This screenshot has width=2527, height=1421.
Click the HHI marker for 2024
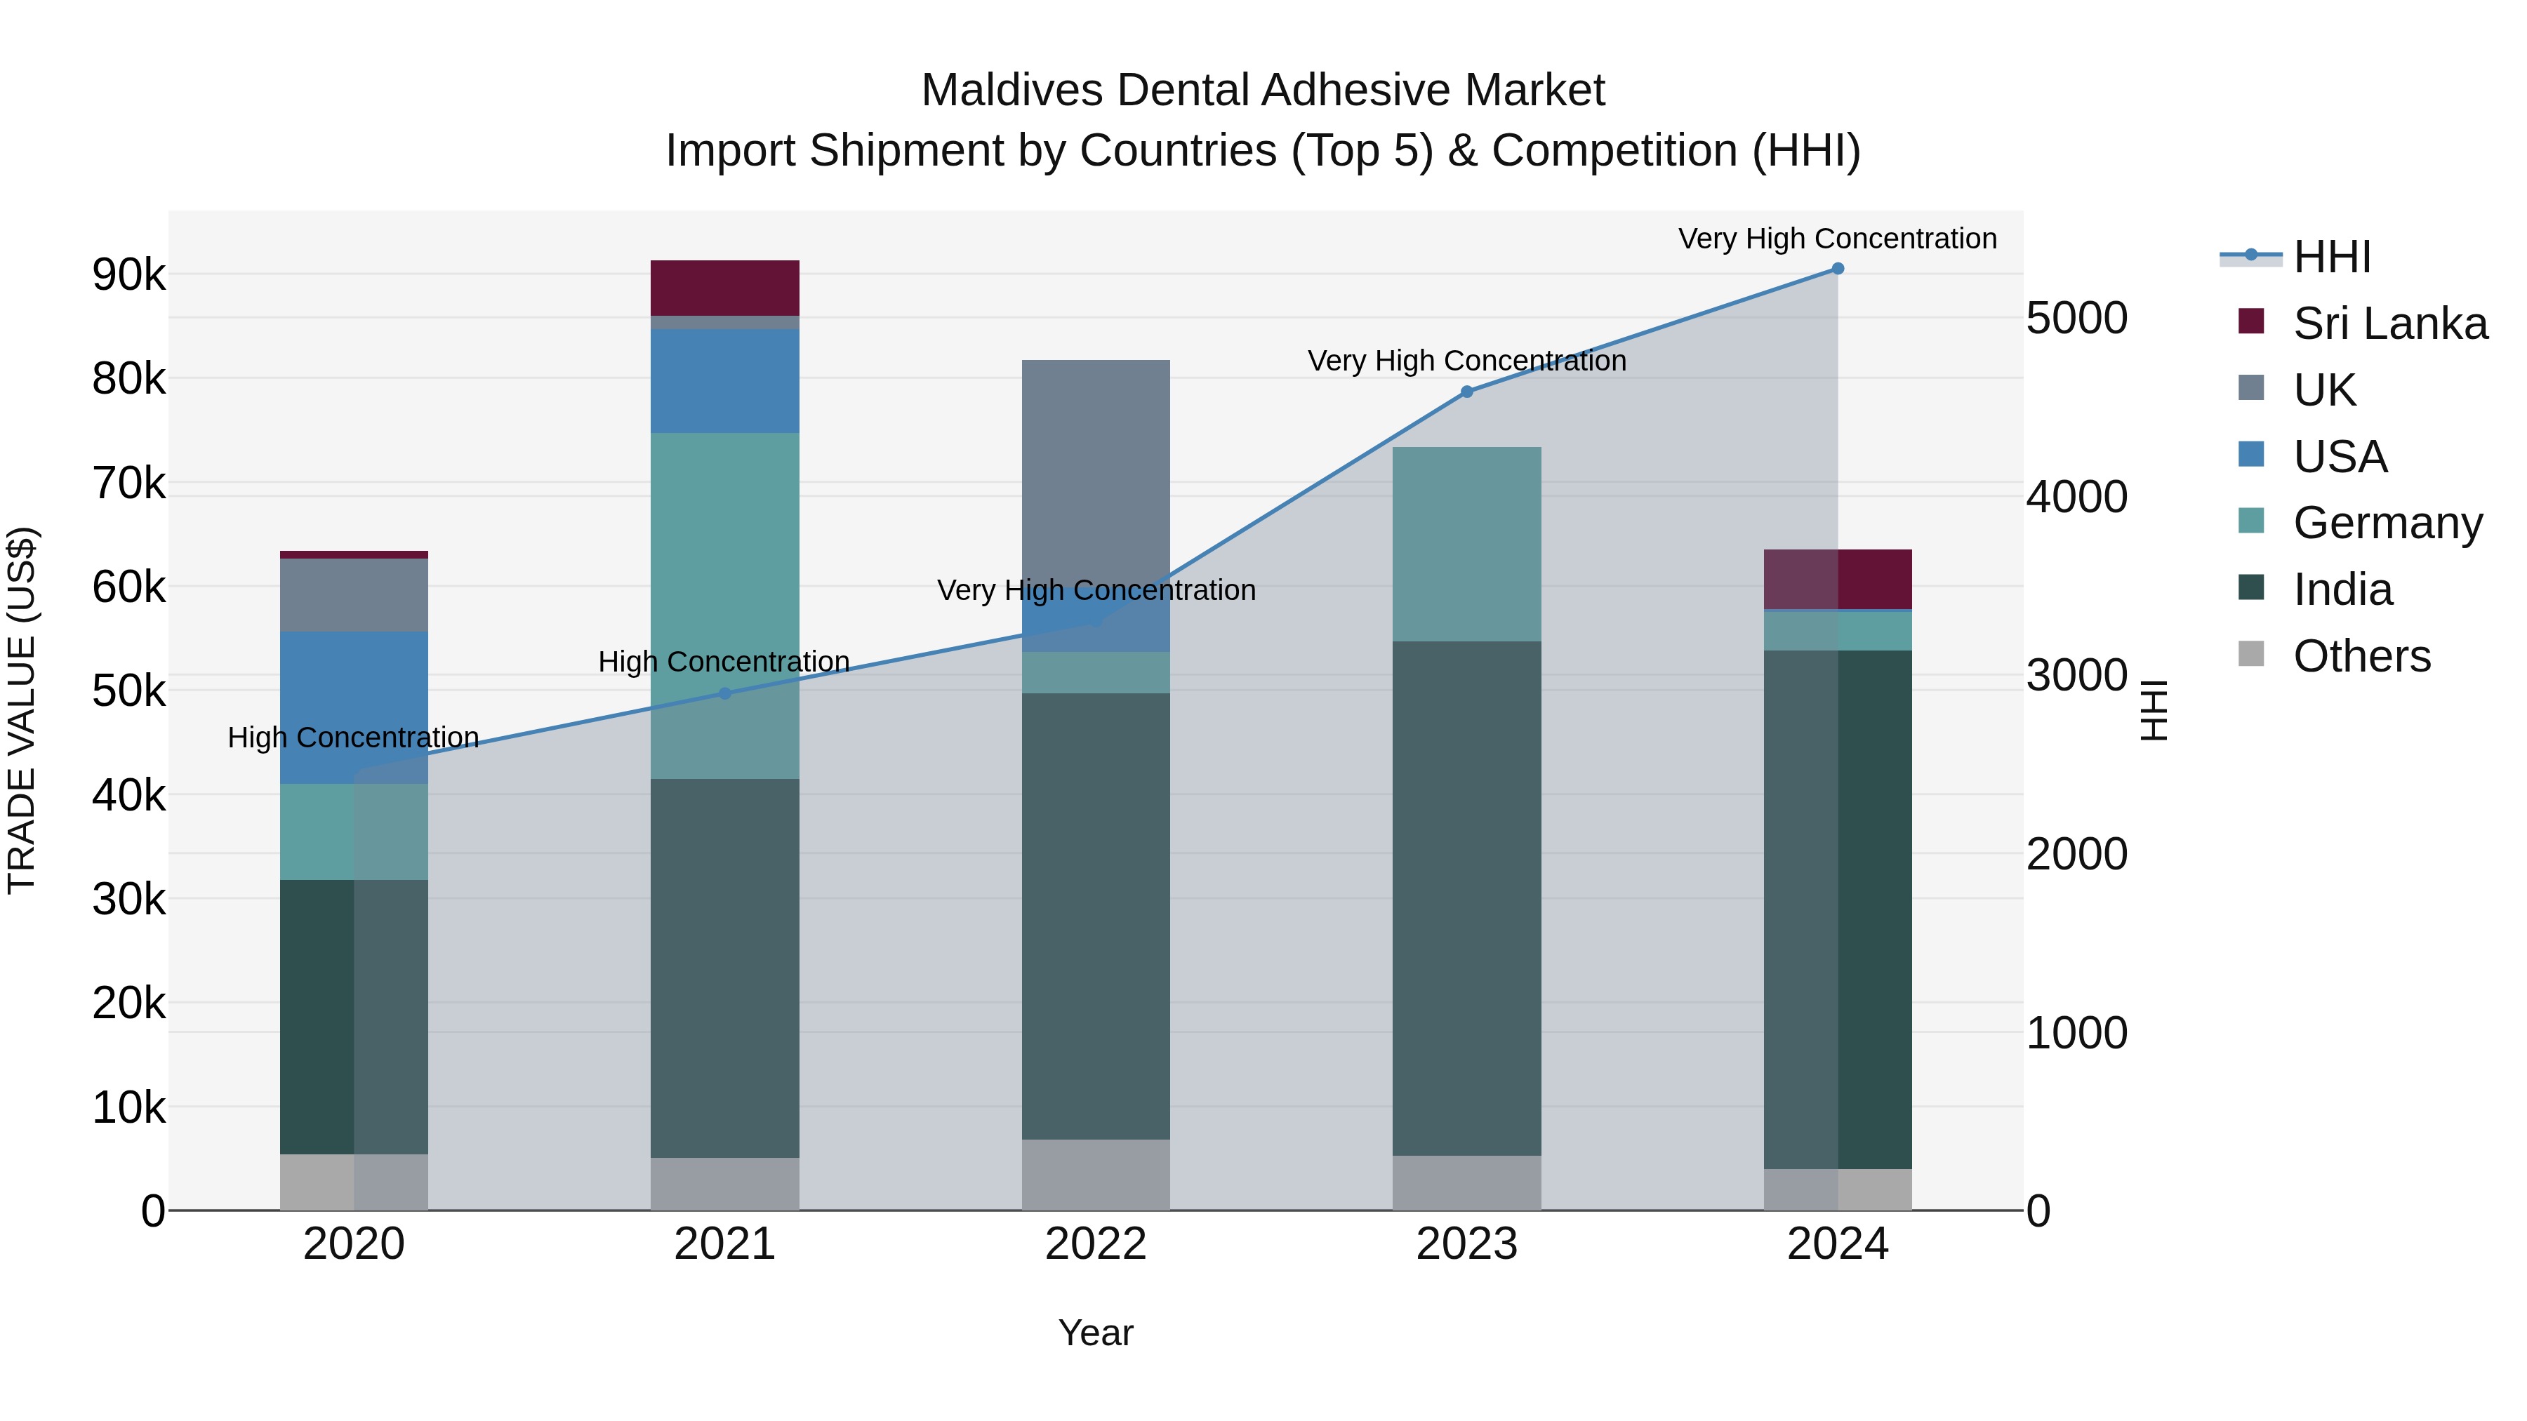[1838, 269]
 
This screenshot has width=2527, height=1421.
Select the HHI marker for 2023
[1466, 392]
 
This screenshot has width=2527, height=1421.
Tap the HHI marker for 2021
[725, 693]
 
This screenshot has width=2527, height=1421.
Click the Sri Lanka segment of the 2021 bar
[725, 287]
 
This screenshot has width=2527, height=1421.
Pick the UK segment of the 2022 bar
[1096, 471]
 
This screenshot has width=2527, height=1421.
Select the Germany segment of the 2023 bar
[1466, 545]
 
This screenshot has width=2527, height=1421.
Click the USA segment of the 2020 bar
[354, 706]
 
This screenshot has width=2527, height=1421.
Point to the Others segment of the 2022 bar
[1096, 1174]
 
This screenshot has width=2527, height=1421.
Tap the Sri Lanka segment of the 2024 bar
[1838, 580]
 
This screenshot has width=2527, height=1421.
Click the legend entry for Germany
[2387, 523]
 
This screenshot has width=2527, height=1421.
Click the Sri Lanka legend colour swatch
[2251, 321]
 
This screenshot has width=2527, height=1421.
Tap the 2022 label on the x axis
[1096, 1244]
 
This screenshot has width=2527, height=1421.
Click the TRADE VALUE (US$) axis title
[22, 710]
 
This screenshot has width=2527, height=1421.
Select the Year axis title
[1096, 1333]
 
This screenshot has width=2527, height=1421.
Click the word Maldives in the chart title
[1012, 91]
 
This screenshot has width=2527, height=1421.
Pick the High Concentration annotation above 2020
[353, 738]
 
